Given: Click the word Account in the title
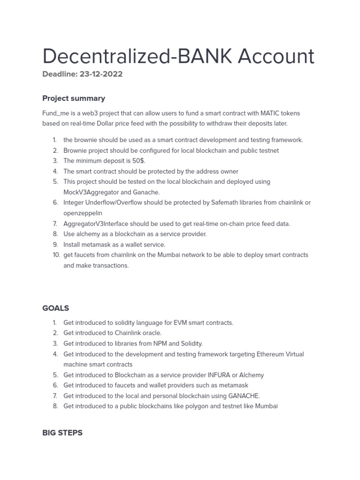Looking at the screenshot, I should [276, 56].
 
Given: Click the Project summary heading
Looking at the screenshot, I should [74, 98].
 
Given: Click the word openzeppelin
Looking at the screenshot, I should [82, 213].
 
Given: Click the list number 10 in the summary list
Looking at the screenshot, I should [56, 255].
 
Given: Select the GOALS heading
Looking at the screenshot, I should [55, 308].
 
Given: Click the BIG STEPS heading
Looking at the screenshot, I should [62, 433].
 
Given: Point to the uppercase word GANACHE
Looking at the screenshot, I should [243, 396].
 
